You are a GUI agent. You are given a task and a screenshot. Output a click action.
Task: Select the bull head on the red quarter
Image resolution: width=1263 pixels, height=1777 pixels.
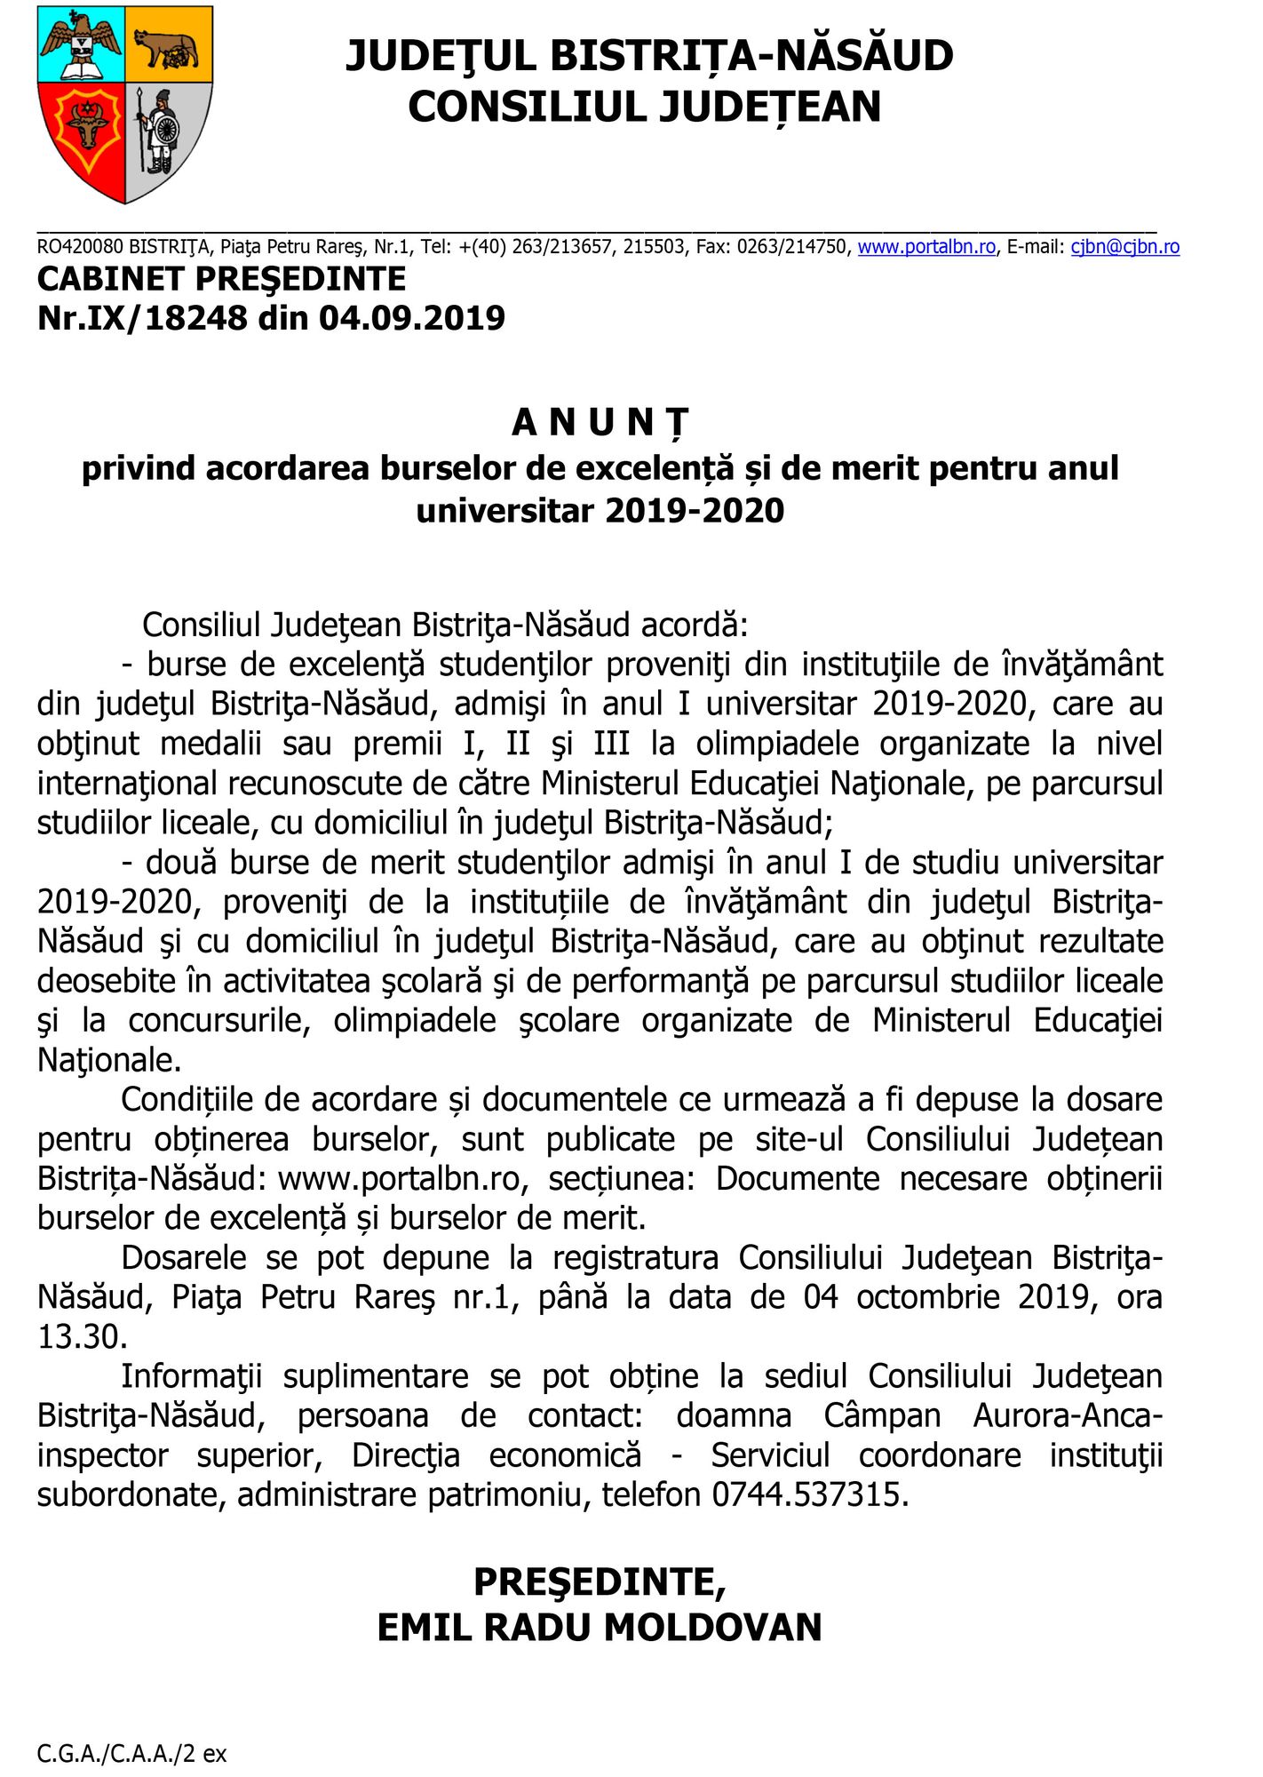86,124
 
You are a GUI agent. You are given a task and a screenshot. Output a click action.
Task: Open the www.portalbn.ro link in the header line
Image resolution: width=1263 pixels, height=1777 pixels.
926,247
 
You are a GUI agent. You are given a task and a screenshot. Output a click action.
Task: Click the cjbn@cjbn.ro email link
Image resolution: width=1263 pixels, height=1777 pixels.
1124,247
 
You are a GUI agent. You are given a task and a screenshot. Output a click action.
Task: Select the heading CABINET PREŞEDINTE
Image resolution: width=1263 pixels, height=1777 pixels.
221,279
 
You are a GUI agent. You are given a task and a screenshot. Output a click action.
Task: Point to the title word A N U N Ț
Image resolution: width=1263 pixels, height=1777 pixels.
600,423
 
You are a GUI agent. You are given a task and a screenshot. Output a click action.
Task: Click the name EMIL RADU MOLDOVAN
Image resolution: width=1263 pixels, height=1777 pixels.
600,1628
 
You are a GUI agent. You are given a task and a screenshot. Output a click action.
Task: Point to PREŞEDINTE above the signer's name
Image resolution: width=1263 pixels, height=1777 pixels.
600,1582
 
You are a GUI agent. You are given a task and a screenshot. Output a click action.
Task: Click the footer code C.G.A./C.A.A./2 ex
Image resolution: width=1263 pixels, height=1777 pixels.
131,1754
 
